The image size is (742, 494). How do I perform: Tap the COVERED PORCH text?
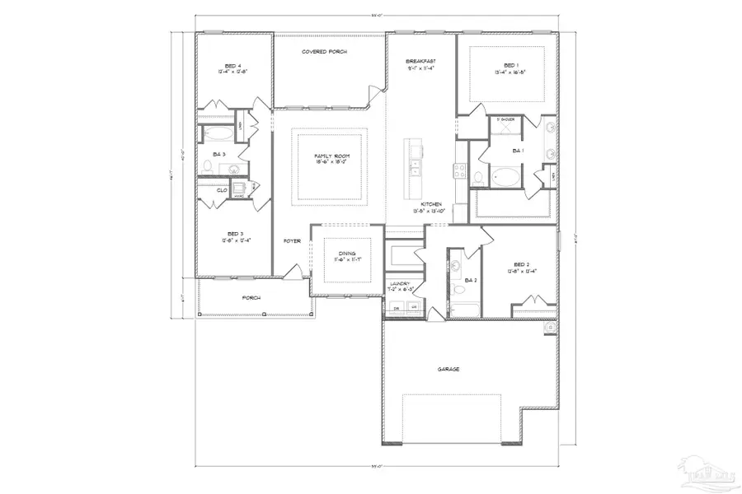pos(324,52)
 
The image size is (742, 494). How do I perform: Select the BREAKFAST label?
pos(420,62)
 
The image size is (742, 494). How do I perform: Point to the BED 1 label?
pos(511,65)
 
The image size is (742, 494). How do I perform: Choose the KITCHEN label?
pos(432,204)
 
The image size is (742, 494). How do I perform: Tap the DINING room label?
pos(347,254)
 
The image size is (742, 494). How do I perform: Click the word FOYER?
pos(292,241)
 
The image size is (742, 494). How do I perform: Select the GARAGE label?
pos(448,369)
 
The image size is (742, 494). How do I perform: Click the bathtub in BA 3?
pos(217,133)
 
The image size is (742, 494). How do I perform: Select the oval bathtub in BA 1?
pos(504,176)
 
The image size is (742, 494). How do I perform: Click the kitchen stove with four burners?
pos(459,172)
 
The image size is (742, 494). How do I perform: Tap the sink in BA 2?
pos(456,266)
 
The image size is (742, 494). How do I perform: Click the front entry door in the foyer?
pos(292,272)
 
